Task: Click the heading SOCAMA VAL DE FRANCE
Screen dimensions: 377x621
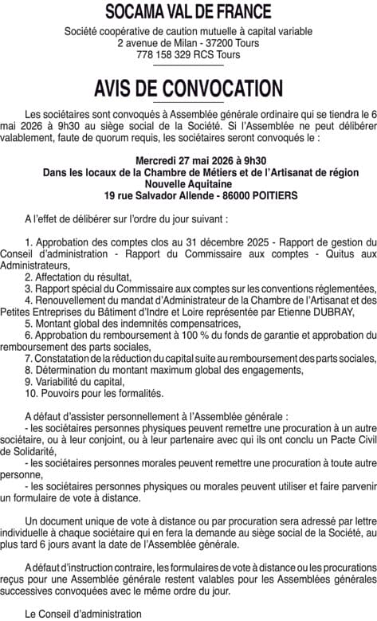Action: pos(188,12)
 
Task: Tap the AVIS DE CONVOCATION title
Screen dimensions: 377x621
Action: pos(188,87)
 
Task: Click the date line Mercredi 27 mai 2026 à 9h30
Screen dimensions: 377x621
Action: pos(188,160)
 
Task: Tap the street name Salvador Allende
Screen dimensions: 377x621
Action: pos(156,195)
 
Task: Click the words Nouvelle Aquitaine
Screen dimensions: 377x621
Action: pos(188,183)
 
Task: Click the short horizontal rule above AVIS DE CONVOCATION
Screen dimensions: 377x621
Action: pos(188,67)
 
